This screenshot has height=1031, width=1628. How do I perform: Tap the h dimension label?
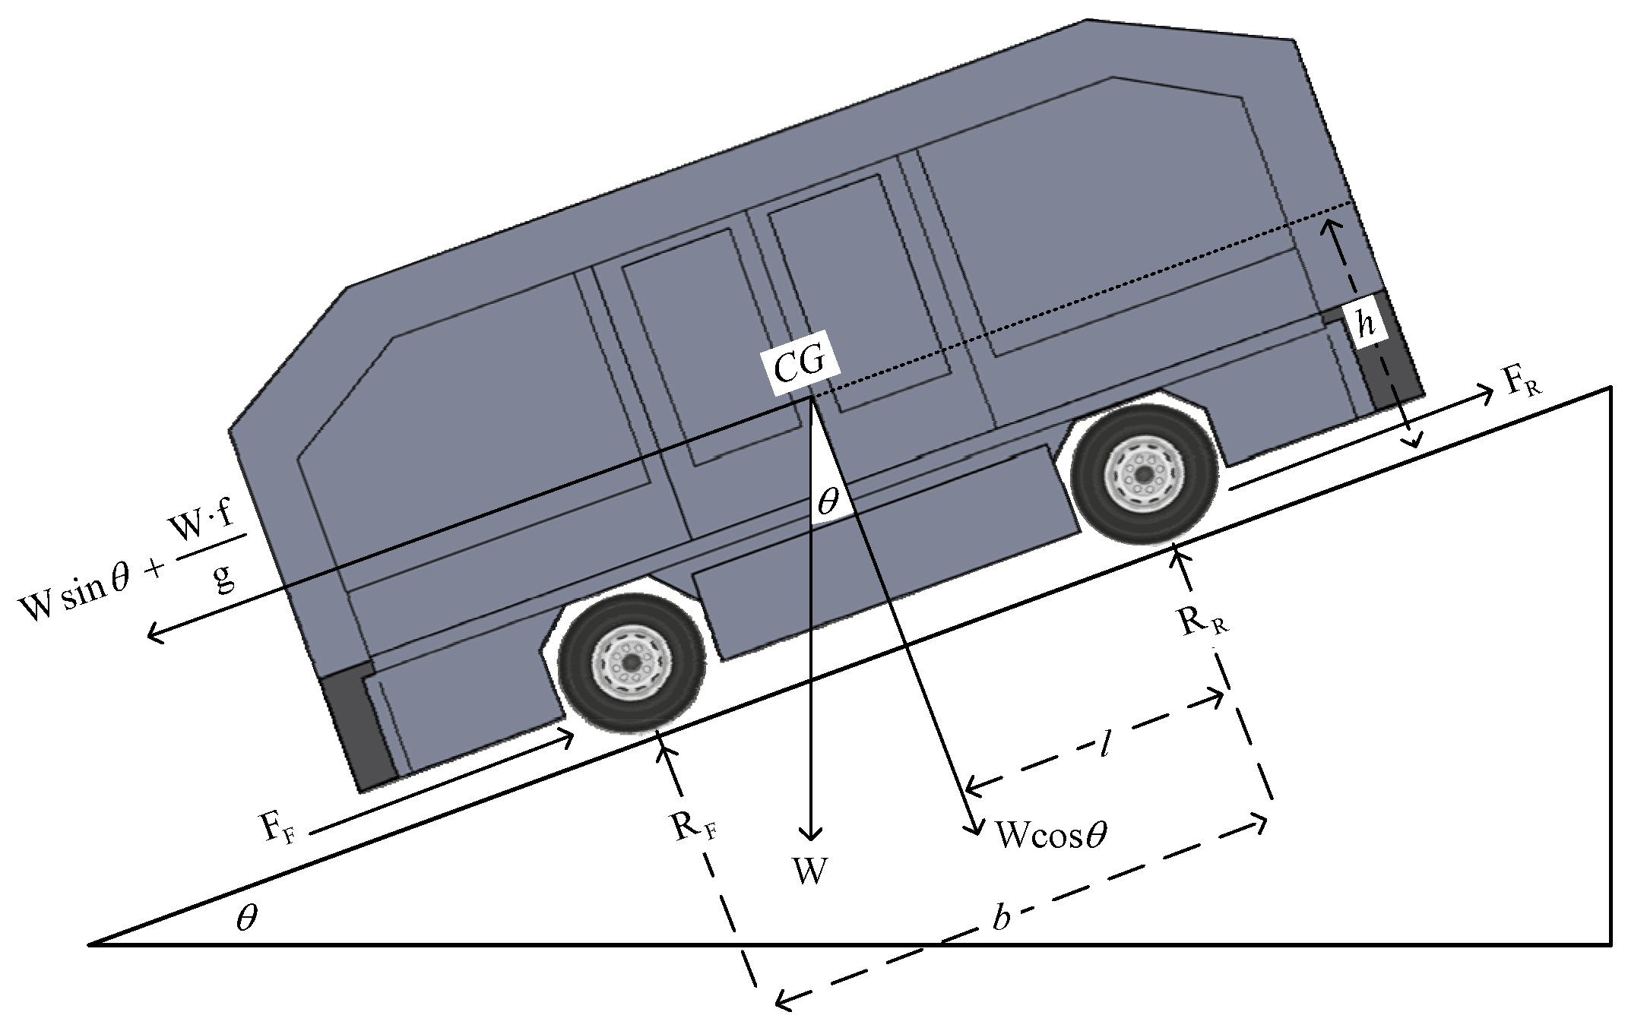[1367, 326]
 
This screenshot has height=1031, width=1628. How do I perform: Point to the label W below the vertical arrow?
[810, 872]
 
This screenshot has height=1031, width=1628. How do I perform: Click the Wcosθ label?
[1050, 836]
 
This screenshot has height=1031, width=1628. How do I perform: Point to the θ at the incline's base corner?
[246, 919]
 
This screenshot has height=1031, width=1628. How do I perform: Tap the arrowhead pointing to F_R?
[1488, 392]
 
